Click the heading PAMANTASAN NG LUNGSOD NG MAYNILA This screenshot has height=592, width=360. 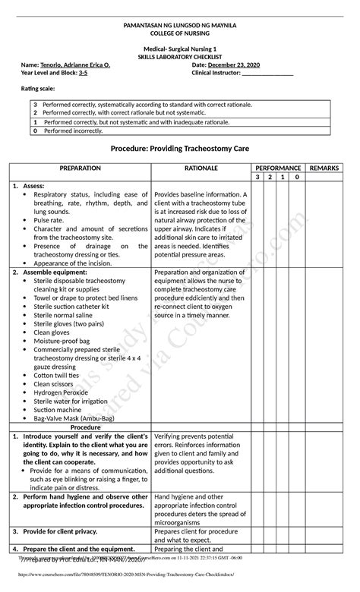pos(180,25)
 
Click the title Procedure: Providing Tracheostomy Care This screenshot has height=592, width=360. pos(180,151)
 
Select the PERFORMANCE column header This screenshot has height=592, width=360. pos(278,167)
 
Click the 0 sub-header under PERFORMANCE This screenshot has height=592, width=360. pos(296,177)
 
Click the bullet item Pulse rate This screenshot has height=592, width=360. pos(49,220)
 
